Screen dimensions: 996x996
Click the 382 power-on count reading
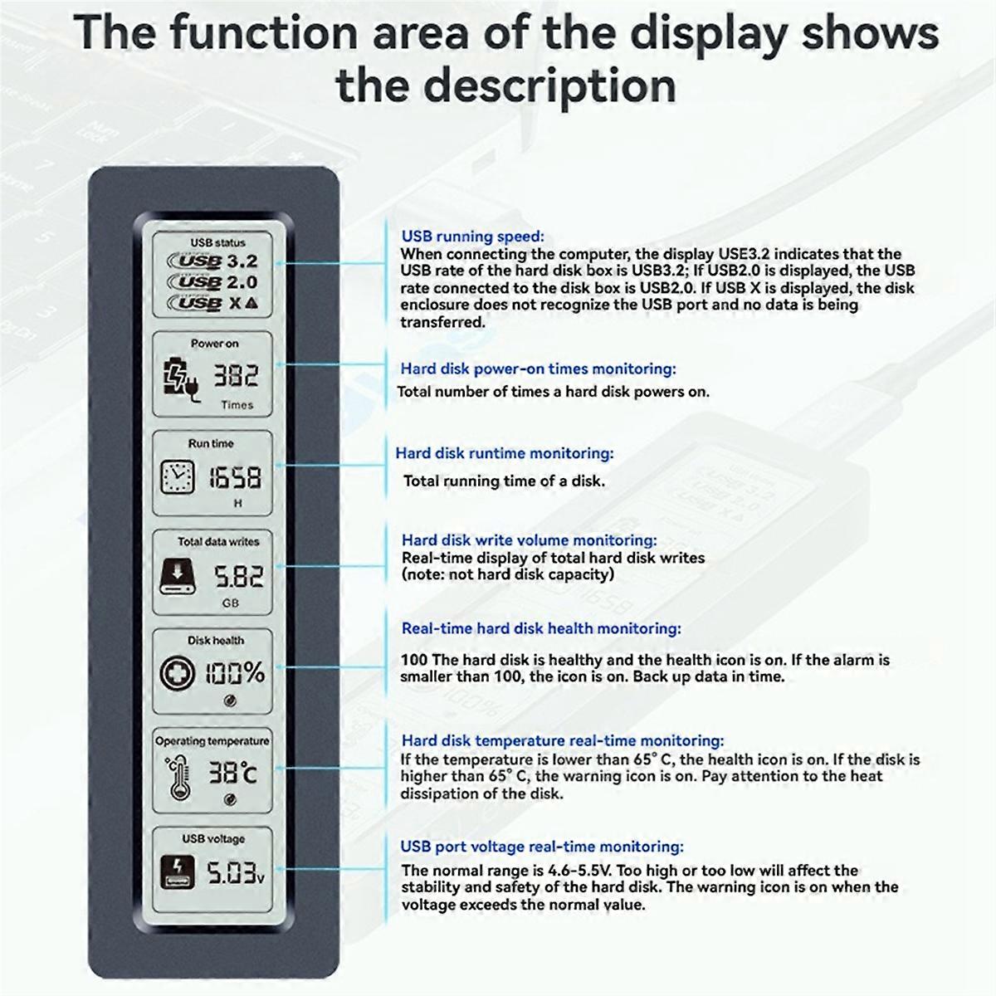[x=237, y=377]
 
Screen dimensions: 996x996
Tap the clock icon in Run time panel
[x=176, y=476]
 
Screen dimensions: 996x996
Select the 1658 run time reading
[x=235, y=477]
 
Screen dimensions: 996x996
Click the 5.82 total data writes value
[x=238, y=576]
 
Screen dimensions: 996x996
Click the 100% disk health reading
[x=235, y=672]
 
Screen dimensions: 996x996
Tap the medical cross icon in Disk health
[x=176, y=673]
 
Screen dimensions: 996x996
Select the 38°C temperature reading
[x=232, y=773]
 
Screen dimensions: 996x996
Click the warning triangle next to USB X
[x=251, y=303]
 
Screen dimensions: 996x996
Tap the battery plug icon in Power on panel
[x=179, y=378]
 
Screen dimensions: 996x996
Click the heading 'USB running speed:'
[x=472, y=237]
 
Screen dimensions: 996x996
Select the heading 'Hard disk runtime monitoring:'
[x=504, y=453]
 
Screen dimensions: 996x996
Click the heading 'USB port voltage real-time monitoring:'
[x=542, y=847]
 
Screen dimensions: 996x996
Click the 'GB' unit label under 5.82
[x=231, y=603]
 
